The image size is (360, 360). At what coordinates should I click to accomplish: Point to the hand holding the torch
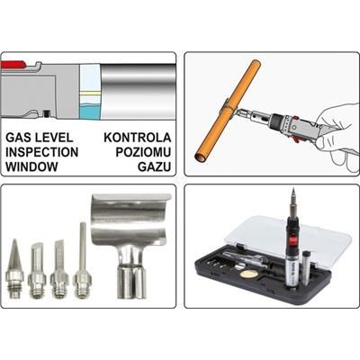coord(329,135)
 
